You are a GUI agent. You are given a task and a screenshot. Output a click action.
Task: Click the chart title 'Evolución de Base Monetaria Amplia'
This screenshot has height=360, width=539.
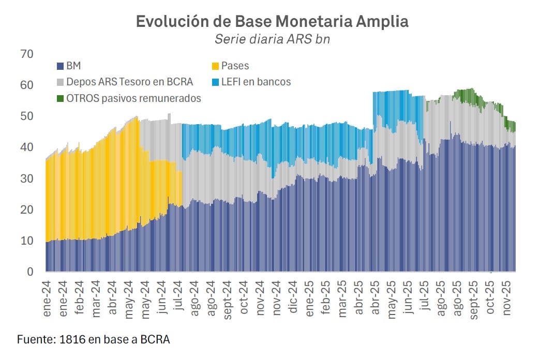pyautogui.click(x=272, y=22)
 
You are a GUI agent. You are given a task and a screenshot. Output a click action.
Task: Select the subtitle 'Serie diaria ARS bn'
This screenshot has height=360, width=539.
pyautogui.click(x=272, y=40)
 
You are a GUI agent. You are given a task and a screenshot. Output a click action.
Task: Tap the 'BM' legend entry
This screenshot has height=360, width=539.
pyautogui.click(x=73, y=66)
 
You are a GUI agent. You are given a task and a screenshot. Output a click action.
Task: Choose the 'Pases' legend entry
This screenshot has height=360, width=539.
pyautogui.click(x=235, y=66)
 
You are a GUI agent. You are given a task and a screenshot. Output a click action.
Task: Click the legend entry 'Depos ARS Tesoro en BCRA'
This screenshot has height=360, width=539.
pyautogui.click(x=129, y=82)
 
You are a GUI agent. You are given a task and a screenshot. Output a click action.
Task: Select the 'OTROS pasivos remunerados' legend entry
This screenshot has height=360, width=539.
pyautogui.click(x=133, y=98)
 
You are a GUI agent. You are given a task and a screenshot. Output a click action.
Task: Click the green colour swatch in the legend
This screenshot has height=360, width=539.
pyautogui.click(x=60, y=98)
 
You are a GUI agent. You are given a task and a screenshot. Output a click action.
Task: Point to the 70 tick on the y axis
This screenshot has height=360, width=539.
pyautogui.click(x=26, y=54)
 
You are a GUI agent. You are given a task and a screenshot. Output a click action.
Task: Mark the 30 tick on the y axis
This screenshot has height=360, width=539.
pyautogui.click(x=26, y=178)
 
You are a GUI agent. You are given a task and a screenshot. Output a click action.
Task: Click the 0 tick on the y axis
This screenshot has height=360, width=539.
pyautogui.click(x=29, y=272)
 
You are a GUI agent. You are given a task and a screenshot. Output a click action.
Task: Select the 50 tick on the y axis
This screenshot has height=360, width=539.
pyautogui.click(x=26, y=116)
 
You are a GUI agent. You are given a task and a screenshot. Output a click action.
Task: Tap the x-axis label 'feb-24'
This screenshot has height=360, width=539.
pyautogui.click(x=80, y=295)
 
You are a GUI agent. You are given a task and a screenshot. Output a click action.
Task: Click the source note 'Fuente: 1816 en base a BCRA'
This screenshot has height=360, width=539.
pyautogui.click(x=94, y=339)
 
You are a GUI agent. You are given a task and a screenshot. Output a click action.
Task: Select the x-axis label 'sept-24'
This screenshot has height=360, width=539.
pyautogui.click(x=227, y=296)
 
